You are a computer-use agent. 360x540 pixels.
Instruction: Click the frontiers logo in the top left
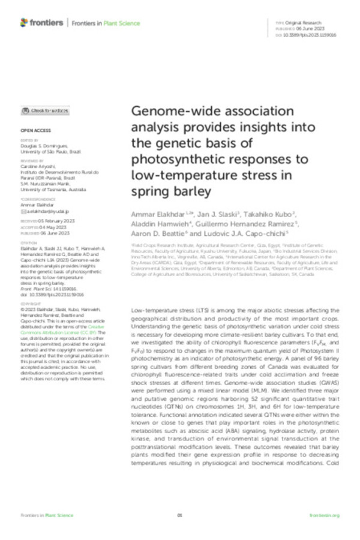tap(41, 23)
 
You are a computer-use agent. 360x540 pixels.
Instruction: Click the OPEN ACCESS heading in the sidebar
tap(32, 130)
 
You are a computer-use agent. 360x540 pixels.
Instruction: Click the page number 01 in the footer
tap(179, 515)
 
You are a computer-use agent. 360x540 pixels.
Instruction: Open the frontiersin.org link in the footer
tap(325, 515)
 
